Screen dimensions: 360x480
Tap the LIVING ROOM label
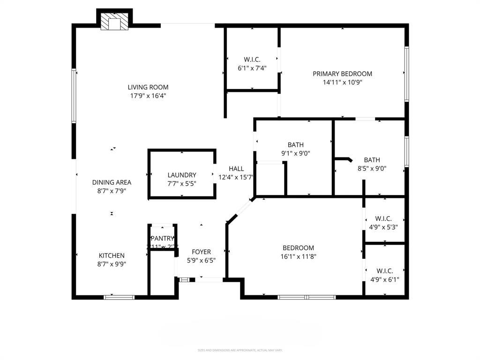click(x=148, y=87)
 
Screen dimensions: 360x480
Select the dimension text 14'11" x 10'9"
click(x=342, y=82)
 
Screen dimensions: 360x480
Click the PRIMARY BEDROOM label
click(x=342, y=74)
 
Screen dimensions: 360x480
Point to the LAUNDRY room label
click(x=182, y=175)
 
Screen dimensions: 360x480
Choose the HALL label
click(x=236, y=169)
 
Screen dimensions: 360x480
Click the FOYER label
click(x=201, y=252)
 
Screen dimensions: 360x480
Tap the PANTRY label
click(x=162, y=238)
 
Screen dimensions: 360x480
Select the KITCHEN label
click(x=112, y=255)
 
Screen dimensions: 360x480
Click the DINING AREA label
click(x=112, y=182)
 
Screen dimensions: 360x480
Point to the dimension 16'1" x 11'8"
click(x=298, y=256)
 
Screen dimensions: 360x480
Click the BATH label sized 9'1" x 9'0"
click(x=296, y=145)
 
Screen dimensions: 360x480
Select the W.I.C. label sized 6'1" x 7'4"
click(x=252, y=60)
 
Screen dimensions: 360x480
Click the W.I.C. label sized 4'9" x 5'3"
click(x=383, y=219)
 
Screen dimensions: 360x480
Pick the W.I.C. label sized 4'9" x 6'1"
click(x=384, y=271)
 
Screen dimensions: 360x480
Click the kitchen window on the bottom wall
click(x=119, y=297)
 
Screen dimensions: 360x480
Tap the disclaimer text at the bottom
click(x=240, y=350)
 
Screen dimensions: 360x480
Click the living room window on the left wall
click(x=74, y=96)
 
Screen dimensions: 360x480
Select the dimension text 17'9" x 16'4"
click(x=148, y=96)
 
